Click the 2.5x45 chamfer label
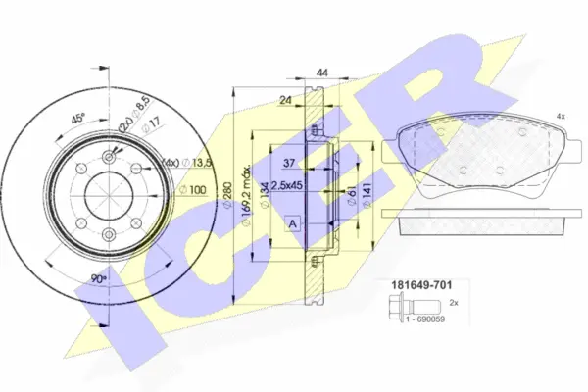tap(287, 185)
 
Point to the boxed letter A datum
tap(293, 224)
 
